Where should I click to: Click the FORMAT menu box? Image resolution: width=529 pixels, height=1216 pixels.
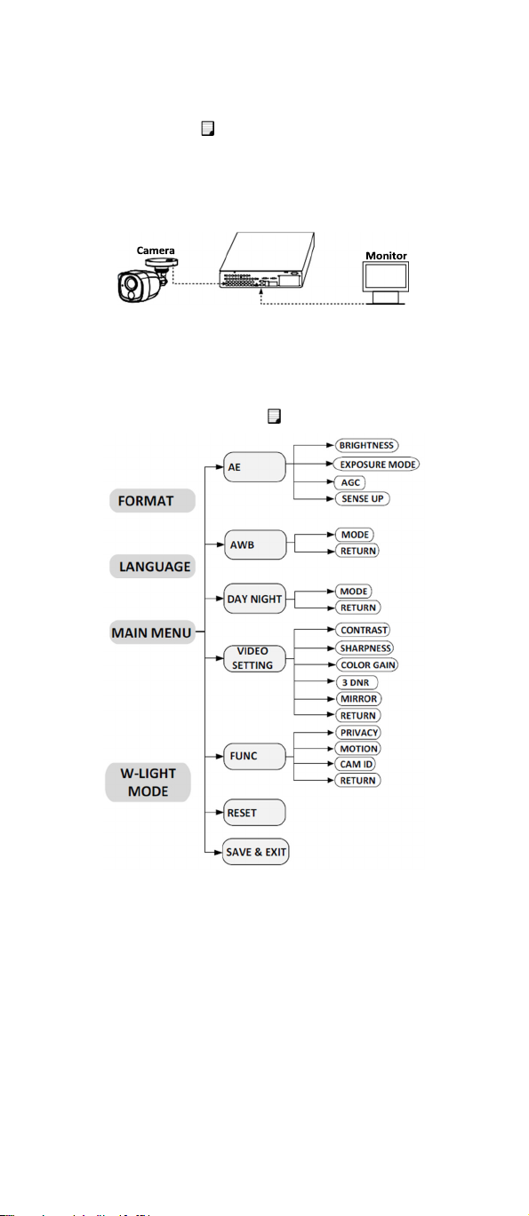152,500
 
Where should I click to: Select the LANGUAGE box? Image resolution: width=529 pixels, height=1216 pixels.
152,566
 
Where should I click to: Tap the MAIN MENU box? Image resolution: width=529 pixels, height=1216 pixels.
152,632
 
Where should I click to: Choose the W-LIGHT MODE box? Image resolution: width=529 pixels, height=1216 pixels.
148,782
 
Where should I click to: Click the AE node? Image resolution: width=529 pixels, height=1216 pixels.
255,467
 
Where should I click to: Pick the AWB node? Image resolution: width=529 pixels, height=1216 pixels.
255,544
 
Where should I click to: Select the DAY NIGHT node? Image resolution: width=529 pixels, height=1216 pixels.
255,599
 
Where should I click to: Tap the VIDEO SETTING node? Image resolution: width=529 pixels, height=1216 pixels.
255,658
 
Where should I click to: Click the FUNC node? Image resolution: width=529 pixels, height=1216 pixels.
255,756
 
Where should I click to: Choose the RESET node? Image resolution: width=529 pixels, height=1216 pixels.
254,812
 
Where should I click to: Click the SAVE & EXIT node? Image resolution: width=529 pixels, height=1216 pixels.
256,852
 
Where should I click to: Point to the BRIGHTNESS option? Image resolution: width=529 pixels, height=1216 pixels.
366,445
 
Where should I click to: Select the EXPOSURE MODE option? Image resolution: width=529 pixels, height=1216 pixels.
378,465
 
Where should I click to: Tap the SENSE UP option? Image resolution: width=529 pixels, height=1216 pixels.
362,498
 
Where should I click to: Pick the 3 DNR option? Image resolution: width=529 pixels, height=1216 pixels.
357,682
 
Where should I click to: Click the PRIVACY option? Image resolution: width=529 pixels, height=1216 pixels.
358,732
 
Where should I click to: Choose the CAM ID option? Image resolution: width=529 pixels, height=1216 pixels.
356,764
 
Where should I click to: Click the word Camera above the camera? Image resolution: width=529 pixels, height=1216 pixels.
156,250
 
